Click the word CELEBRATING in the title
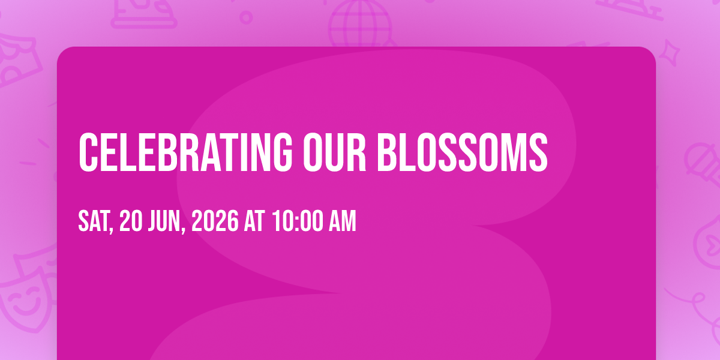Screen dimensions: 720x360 click(x=185, y=152)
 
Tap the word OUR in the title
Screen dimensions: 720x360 click(x=335, y=152)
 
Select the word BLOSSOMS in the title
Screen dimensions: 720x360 click(x=463, y=152)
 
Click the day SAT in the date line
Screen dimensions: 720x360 click(x=94, y=221)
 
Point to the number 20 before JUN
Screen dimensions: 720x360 click(x=131, y=221)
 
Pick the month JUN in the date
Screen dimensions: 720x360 click(x=164, y=221)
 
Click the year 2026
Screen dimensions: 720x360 click(x=215, y=221)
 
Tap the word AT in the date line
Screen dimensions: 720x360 click(x=254, y=221)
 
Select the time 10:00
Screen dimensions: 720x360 click(x=298, y=221)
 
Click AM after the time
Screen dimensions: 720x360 click(x=343, y=221)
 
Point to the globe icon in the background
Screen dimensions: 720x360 click(x=361, y=23)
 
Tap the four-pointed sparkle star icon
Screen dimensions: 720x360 click(x=669, y=53)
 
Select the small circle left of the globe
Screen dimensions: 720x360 click(x=246, y=17)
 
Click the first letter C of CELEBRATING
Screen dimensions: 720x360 click(x=88, y=152)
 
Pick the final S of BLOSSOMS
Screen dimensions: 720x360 click(x=538, y=152)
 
